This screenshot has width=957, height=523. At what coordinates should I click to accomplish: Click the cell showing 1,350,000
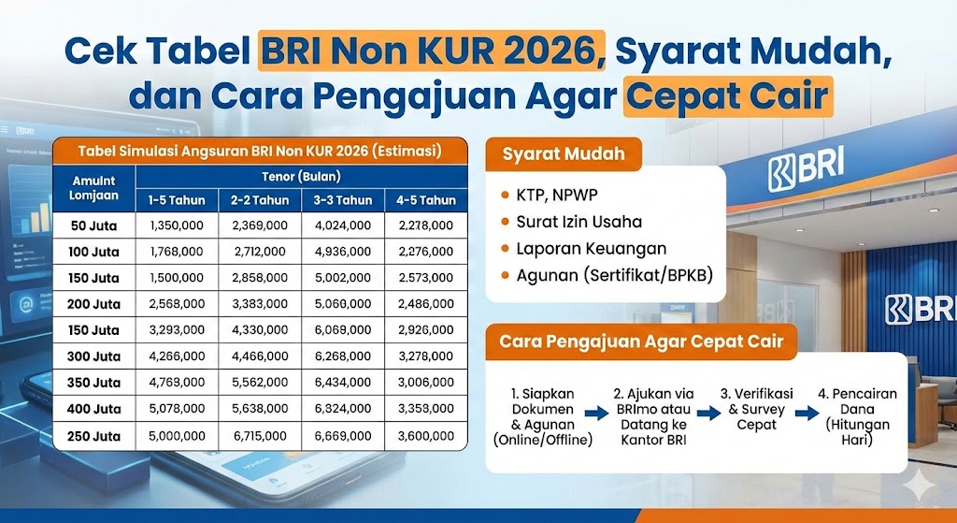click(177, 225)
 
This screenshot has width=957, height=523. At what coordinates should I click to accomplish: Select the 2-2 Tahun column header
click(260, 199)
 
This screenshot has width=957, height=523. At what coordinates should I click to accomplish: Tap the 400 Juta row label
click(94, 409)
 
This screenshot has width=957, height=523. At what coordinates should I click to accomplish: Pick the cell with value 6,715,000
click(260, 436)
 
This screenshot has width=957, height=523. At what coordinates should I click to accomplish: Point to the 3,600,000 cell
click(425, 436)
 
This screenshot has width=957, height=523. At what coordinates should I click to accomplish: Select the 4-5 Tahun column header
click(425, 199)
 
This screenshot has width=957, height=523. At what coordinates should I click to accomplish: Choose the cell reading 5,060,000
click(343, 304)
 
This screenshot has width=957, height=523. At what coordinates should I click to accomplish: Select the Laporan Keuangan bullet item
click(591, 249)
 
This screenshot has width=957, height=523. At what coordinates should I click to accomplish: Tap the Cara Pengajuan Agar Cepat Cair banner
click(641, 341)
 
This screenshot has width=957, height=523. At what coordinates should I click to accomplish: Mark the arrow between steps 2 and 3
click(706, 412)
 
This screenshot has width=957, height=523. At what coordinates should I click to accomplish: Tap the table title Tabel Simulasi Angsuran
click(259, 150)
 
